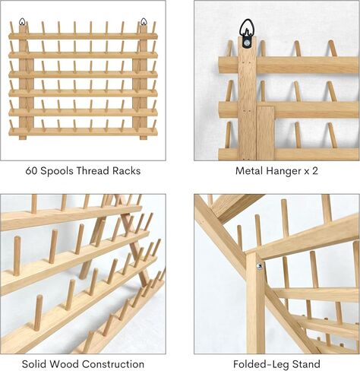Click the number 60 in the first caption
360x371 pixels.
31,171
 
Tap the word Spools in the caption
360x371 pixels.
57,171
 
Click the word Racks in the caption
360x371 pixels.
127,171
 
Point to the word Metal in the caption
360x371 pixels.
249,171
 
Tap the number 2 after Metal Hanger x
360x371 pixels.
314,171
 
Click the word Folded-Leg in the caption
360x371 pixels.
261,365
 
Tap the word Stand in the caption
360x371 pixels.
306,364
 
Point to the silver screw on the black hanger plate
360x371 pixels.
246,43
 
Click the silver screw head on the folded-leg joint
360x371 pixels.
259,266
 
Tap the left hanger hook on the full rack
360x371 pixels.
22,21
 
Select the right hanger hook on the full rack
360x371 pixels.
144,21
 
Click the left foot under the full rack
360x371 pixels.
23,138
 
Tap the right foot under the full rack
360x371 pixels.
144,138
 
